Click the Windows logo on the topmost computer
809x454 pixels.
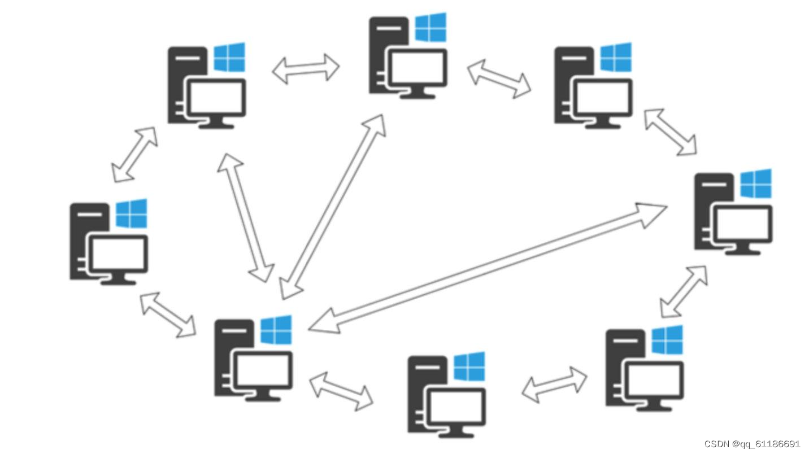(x=430, y=27)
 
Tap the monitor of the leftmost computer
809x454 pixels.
(x=119, y=254)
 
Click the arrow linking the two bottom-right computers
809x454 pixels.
(x=554, y=385)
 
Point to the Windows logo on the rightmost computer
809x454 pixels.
(x=756, y=184)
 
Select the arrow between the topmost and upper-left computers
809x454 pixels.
(x=306, y=69)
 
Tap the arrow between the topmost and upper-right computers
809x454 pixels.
(x=499, y=78)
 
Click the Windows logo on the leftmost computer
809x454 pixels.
(x=132, y=213)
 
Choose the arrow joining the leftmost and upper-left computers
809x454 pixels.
(x=134, y=155)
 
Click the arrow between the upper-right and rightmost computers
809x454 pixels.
(x=671, y=132)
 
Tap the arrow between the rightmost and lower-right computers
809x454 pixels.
(x=684, y=291)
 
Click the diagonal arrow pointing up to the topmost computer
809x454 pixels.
(x=333, y=207)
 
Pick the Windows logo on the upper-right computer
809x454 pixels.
(x=616, y=57)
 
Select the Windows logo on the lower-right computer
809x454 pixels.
(x=667, y=339)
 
